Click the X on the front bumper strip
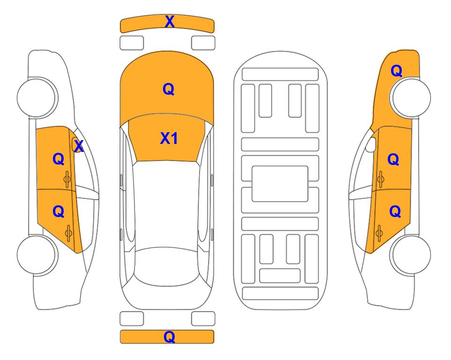170,22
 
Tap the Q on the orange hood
169,89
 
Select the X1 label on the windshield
169,138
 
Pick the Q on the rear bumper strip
170,337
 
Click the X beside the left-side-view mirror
79,146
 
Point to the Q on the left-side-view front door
59,159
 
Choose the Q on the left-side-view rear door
59,212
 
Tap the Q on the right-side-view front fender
396,71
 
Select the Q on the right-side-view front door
393,159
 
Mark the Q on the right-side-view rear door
395,212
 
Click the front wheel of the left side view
37,97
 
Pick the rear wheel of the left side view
36,255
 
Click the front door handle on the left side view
67,180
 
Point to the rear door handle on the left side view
68,233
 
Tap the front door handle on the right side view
381,179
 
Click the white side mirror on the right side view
371,145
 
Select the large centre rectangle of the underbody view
280,184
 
